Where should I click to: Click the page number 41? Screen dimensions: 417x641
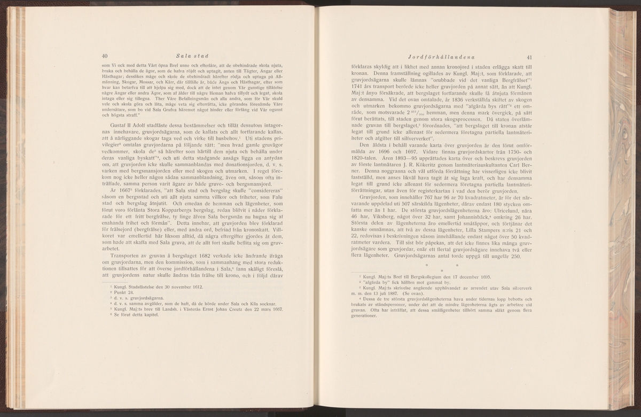tap(530, 57)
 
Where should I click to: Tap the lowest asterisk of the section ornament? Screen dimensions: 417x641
tap(442, 270)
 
